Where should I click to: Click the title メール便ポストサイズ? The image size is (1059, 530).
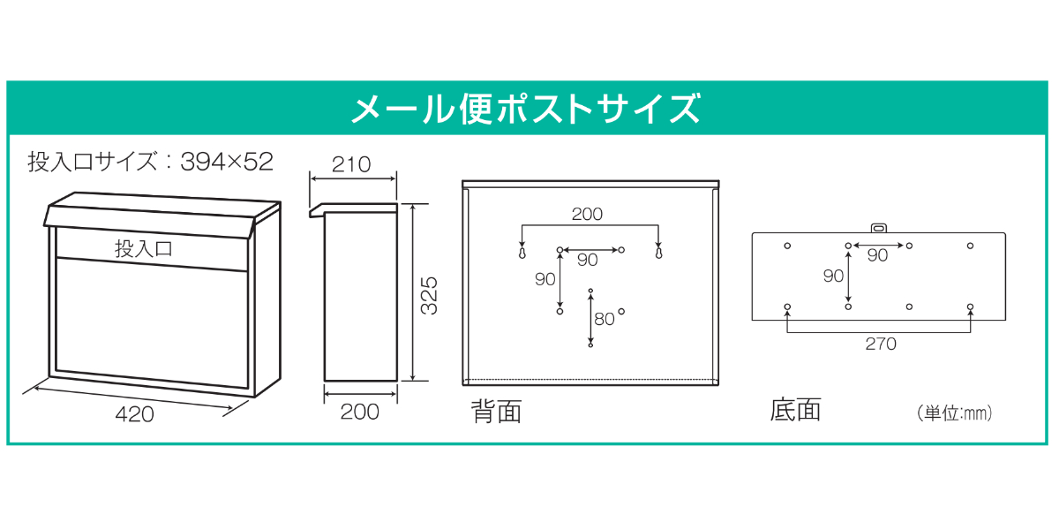tap(527, 108)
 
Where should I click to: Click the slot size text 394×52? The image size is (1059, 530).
tap(227, 162)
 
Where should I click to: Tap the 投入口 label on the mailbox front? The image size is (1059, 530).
tap(144, 249)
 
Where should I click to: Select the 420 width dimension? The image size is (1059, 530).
tap(134, 413)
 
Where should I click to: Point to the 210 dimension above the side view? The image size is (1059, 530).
tap(351, 164)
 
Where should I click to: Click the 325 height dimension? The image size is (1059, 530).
tap(428, 294)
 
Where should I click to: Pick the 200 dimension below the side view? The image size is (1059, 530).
tap(359, 412)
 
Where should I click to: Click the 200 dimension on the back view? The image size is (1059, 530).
tap(587, 214)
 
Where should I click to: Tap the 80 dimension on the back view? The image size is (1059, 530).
tap(604, 319)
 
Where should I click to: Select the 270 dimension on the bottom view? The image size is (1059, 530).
tap(880, 344)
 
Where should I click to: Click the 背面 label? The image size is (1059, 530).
tap(496, 411)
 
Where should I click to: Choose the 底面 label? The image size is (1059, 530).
tap(795, 410)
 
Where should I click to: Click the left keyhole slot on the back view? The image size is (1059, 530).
tap(522, 253)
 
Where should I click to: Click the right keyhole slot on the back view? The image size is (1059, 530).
tap(658, 253)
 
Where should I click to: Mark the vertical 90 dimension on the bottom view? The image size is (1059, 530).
tap(833, 276)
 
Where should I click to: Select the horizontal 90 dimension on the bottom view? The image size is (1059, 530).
tap(877, 255)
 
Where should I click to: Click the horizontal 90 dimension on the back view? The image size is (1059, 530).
tap(587, 260)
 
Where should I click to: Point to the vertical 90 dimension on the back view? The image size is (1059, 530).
tap(545, 279)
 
